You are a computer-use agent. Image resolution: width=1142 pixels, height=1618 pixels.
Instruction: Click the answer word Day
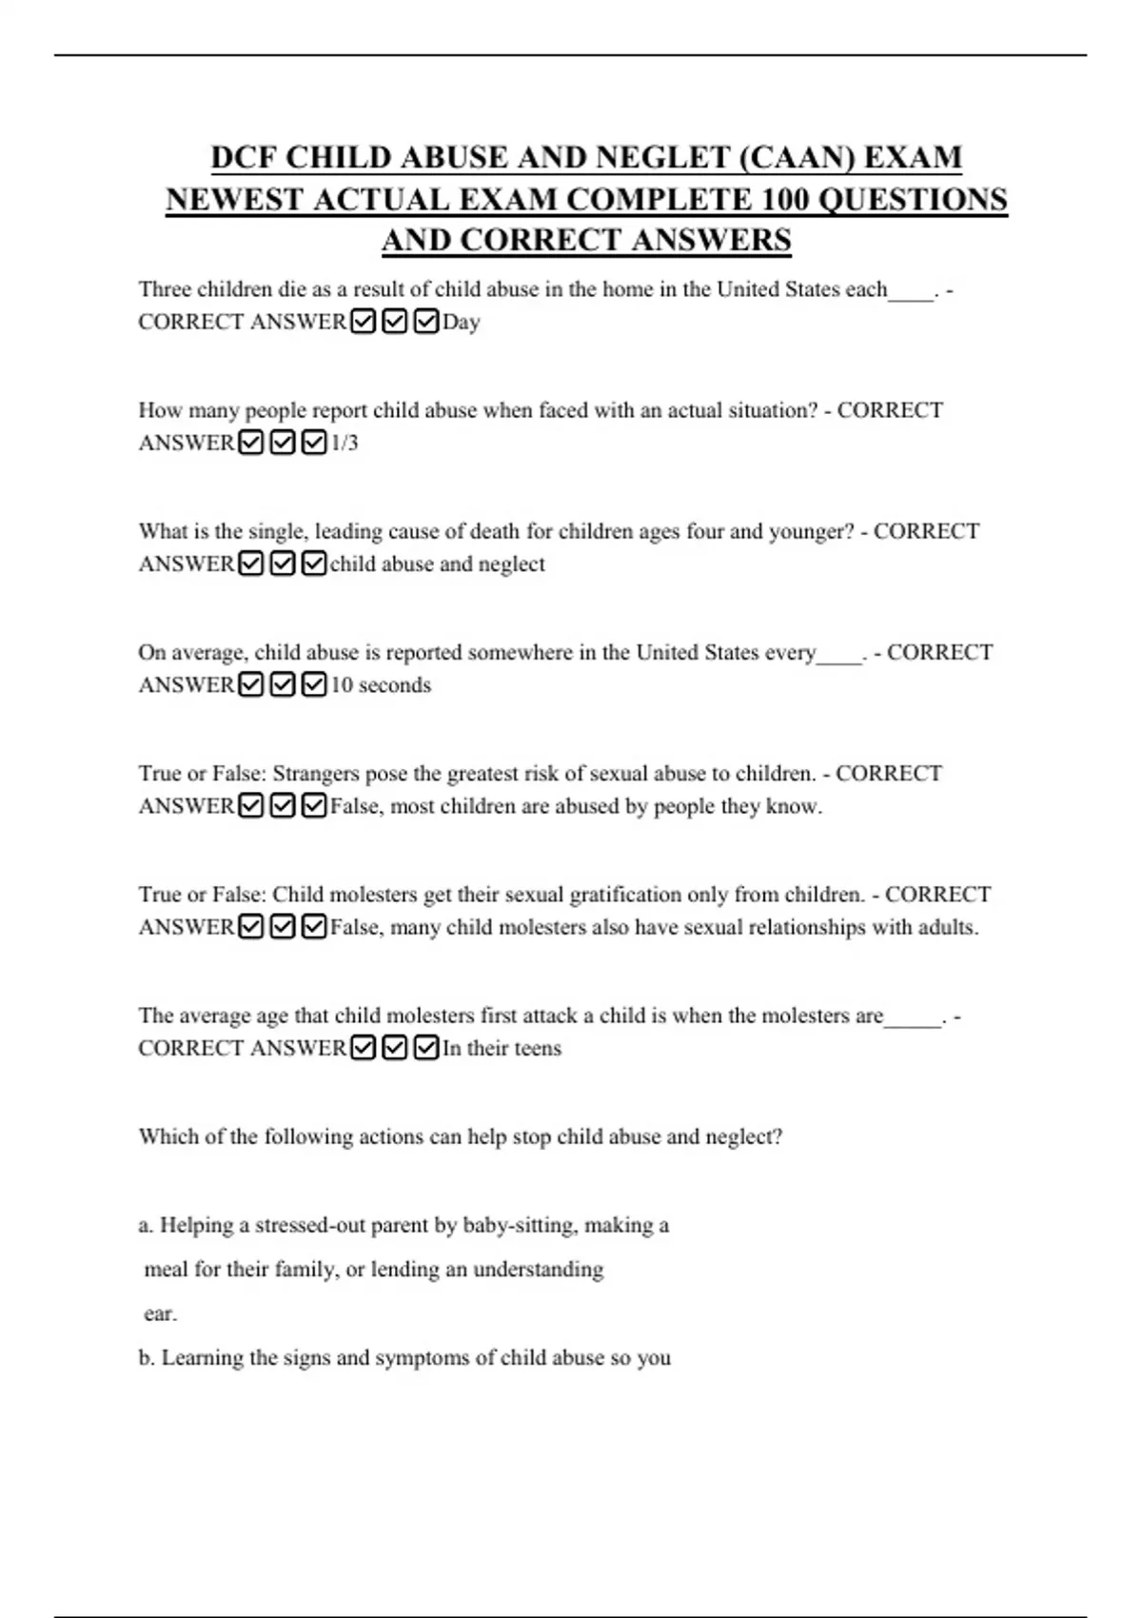[462, 323]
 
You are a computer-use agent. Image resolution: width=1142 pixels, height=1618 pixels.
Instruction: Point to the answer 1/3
[345, 444]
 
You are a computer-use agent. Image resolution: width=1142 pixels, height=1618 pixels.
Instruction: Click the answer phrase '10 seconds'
[381, 685]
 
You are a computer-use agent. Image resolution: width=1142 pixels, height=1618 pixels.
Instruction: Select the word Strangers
[317, 774]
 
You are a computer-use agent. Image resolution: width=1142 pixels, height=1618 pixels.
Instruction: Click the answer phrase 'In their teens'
[502, 1049]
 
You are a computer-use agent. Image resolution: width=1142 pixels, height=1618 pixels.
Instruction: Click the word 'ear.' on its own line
[160, 1314]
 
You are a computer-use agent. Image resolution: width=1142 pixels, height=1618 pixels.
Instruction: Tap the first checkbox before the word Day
[363, 323]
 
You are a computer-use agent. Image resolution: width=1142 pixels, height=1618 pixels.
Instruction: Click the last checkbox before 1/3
[314, 444]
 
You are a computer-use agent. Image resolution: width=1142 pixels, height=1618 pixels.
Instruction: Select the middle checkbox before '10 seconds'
[283, 685]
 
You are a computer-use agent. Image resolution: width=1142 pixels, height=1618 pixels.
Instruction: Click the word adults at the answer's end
[948, 927]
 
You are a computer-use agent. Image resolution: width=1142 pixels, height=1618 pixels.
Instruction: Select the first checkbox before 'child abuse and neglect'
[250, 564]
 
